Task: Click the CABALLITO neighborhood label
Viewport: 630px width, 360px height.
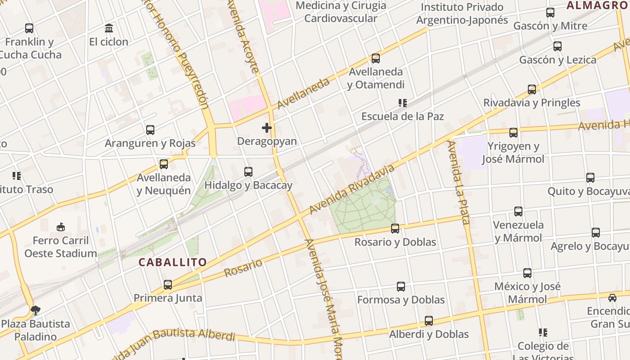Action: tap(173, 262)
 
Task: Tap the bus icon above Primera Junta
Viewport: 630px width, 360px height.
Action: tap(168, 285)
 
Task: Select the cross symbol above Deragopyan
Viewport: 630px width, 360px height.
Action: tap(267, 128)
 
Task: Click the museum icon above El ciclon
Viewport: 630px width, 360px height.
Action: tap(109, 28)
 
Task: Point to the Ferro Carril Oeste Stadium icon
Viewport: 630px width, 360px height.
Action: tap(61, 227)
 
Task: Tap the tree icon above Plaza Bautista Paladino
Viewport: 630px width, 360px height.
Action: tap(36, 310)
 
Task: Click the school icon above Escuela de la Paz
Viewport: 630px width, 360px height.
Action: tap(403, 103)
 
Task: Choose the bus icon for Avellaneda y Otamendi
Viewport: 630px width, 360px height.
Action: tap(376, 58)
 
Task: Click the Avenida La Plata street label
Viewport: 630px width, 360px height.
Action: tap(459, 182)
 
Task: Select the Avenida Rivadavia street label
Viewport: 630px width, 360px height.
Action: tap(352, 189)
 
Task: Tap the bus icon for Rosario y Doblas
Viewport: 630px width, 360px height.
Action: tap(395, 229)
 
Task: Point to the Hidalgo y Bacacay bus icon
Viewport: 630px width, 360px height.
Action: tap(248, 172)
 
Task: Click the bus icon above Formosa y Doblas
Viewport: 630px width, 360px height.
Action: tap(401, 287)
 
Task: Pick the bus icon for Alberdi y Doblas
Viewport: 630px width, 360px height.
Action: tap(429, 321)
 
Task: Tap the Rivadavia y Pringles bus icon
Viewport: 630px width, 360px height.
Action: tap(532, 90)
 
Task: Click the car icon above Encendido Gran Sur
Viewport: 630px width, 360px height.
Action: tap(612, 297)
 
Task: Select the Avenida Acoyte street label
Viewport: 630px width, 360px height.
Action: tap(243, 36)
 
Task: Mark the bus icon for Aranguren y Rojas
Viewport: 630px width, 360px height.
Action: tap(150, 130)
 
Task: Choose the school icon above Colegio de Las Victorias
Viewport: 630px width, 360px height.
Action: tap(543, 333)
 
